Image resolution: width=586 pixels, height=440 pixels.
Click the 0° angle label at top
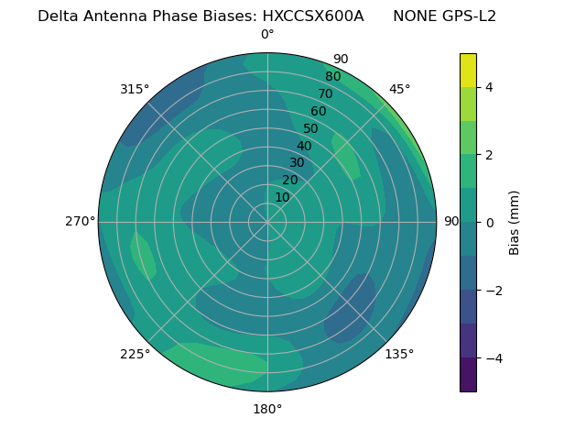coord(267,35)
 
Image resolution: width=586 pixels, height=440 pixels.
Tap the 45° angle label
coord(400,89)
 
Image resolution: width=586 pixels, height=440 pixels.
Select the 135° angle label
coord(399,354)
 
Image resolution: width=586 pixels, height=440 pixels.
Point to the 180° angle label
coord(267,409)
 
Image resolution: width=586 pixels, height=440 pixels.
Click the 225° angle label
coord(135,354)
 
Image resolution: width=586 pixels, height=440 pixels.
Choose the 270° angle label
coord(80,222)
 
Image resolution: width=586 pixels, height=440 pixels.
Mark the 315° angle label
coord(135,89)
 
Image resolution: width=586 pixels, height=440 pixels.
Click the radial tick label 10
coord(282,197)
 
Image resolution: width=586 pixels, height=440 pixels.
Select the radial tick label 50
coord(311,129)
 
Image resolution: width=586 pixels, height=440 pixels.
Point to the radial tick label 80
coord(332,77)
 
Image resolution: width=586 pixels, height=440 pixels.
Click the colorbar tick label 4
coord(490,87)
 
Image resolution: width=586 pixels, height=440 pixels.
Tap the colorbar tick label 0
coord(490,223)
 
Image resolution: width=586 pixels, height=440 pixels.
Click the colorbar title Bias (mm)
coord(515,223)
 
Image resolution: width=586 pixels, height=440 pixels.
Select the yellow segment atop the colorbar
coord(468,71)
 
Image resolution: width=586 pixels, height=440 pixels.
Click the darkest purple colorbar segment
coord(468,375)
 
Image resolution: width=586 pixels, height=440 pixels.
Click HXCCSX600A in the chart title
coord(313,16)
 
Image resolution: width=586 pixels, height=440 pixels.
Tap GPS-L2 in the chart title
coord(471,16)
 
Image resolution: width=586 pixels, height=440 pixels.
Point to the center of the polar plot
coord(267,222)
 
